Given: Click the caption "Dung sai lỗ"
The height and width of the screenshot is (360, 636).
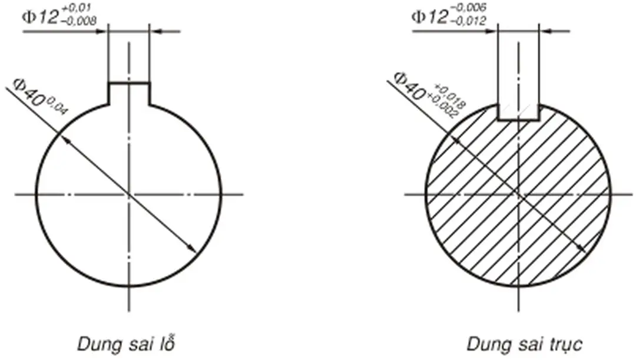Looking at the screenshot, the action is (127, 344).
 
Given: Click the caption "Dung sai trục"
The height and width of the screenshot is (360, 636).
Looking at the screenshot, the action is (524, 344).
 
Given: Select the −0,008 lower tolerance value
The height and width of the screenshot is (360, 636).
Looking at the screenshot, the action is (79, 21).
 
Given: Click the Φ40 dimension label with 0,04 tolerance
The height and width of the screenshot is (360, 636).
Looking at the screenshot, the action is (40, 96).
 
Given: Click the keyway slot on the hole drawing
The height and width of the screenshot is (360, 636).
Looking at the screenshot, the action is (129, 93).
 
